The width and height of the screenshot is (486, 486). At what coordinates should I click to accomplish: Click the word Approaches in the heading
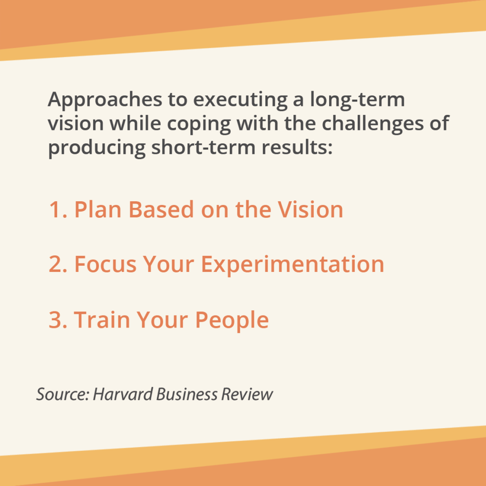tap(105, 100)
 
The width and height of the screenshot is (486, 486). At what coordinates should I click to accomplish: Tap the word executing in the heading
tap(240, 100)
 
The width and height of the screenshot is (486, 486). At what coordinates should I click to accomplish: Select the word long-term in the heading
tap(358, 99)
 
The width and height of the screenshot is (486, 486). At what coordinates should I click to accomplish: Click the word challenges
tap(373, 124)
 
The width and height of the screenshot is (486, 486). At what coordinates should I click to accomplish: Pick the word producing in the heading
tap(97, 148)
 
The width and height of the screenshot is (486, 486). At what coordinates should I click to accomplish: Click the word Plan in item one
tap(98, 209)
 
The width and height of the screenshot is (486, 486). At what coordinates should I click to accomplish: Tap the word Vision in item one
tap(311, 209)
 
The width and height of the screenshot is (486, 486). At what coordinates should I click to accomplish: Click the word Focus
tap(106, 264)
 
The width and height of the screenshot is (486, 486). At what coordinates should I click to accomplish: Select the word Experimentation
tap(293, 265)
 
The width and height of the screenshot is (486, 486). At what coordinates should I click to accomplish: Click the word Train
tap(102, 319)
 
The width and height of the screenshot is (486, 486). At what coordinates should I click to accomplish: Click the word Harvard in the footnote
tap(123, 394)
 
